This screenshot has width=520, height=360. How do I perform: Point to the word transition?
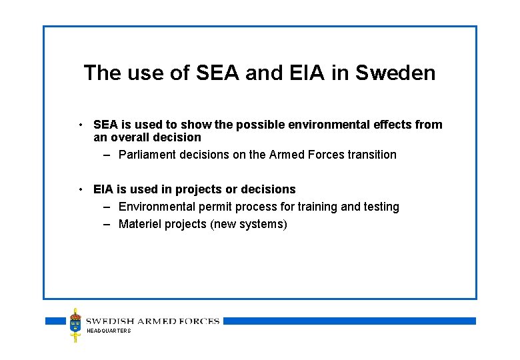point(372,155)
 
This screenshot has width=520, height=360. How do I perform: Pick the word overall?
point(130,137)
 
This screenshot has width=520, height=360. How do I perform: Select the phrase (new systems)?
point(249,224)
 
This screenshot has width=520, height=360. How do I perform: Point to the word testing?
point(381,207)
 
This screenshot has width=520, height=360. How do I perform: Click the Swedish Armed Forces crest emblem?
point(75,325)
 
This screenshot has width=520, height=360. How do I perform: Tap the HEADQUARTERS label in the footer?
point(109,331)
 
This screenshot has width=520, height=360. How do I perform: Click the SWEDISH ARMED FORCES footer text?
point(153,321)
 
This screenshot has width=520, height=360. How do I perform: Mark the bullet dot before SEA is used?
point(80,125)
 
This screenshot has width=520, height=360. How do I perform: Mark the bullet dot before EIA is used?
point(80,189)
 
